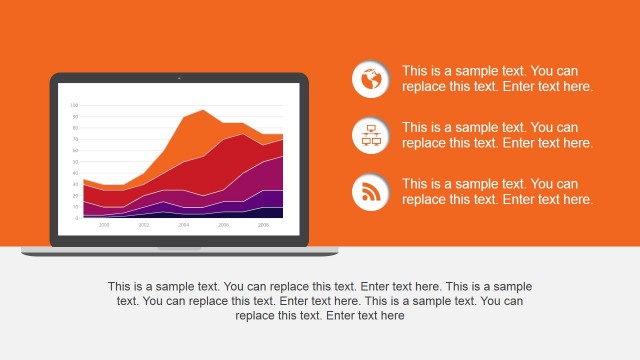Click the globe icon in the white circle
point(371,79)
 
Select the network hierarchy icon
point(371,136)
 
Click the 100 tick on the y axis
point(74,105)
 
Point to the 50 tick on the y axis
point(74,161)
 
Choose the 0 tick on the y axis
point(75,217)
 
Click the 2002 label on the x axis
point(144,225)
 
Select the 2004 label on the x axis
point(184,225)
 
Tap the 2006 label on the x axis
point(224,225)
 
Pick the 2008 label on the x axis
point(264,225)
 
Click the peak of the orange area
point(203,111)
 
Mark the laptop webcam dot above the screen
point(179,77)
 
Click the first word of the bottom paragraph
point(120,286)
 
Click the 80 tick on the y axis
point(74,127)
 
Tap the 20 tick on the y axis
point(74,195)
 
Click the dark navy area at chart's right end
point(275,212)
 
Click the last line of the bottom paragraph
point(320,315)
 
